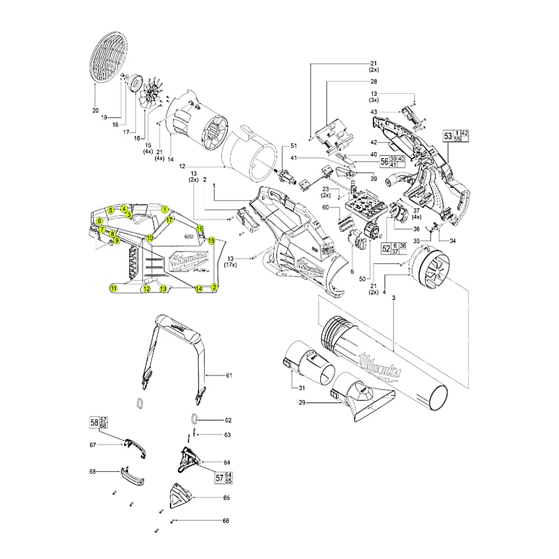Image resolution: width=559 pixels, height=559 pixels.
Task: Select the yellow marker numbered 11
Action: [113, 288]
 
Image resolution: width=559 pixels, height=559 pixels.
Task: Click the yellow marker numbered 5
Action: [111, 210]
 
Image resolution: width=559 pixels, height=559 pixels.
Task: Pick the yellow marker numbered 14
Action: [198, 288]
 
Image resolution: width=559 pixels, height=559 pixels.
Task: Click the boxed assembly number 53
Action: [447, 136]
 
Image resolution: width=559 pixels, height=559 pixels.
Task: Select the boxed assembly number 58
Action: [94, 423]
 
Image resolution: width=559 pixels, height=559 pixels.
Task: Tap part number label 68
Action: [93, 472]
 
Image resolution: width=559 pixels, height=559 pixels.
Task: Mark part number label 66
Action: [226, 521]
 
